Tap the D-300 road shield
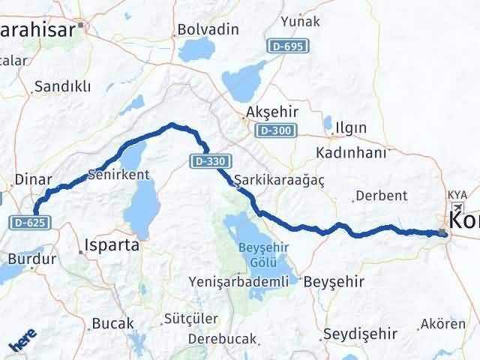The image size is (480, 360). (x=274, y=130)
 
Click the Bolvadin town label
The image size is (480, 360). (x=208, y=30)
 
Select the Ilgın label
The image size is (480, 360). (x=351, y=127)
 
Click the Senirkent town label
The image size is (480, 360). (x=119, y=174)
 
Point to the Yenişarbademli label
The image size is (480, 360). (x=238, y=281)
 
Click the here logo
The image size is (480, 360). (x=22, y=341)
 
